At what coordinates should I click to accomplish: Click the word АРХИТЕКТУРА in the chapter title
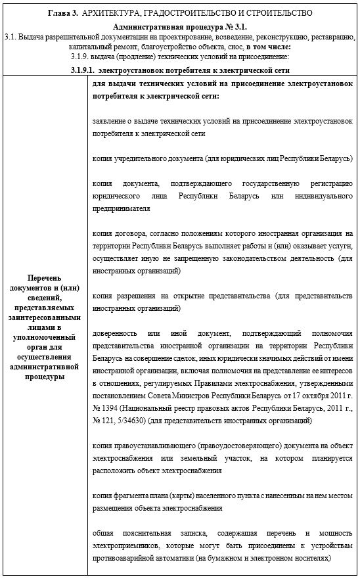tap(109, 13)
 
